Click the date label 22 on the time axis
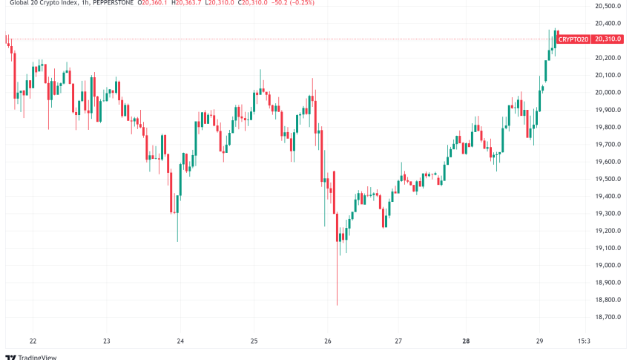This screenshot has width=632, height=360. pos(33,341)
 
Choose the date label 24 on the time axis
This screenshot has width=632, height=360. pos(180,341)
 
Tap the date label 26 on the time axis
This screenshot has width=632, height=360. pos(326,341)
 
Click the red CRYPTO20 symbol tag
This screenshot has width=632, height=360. pos(573,38)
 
